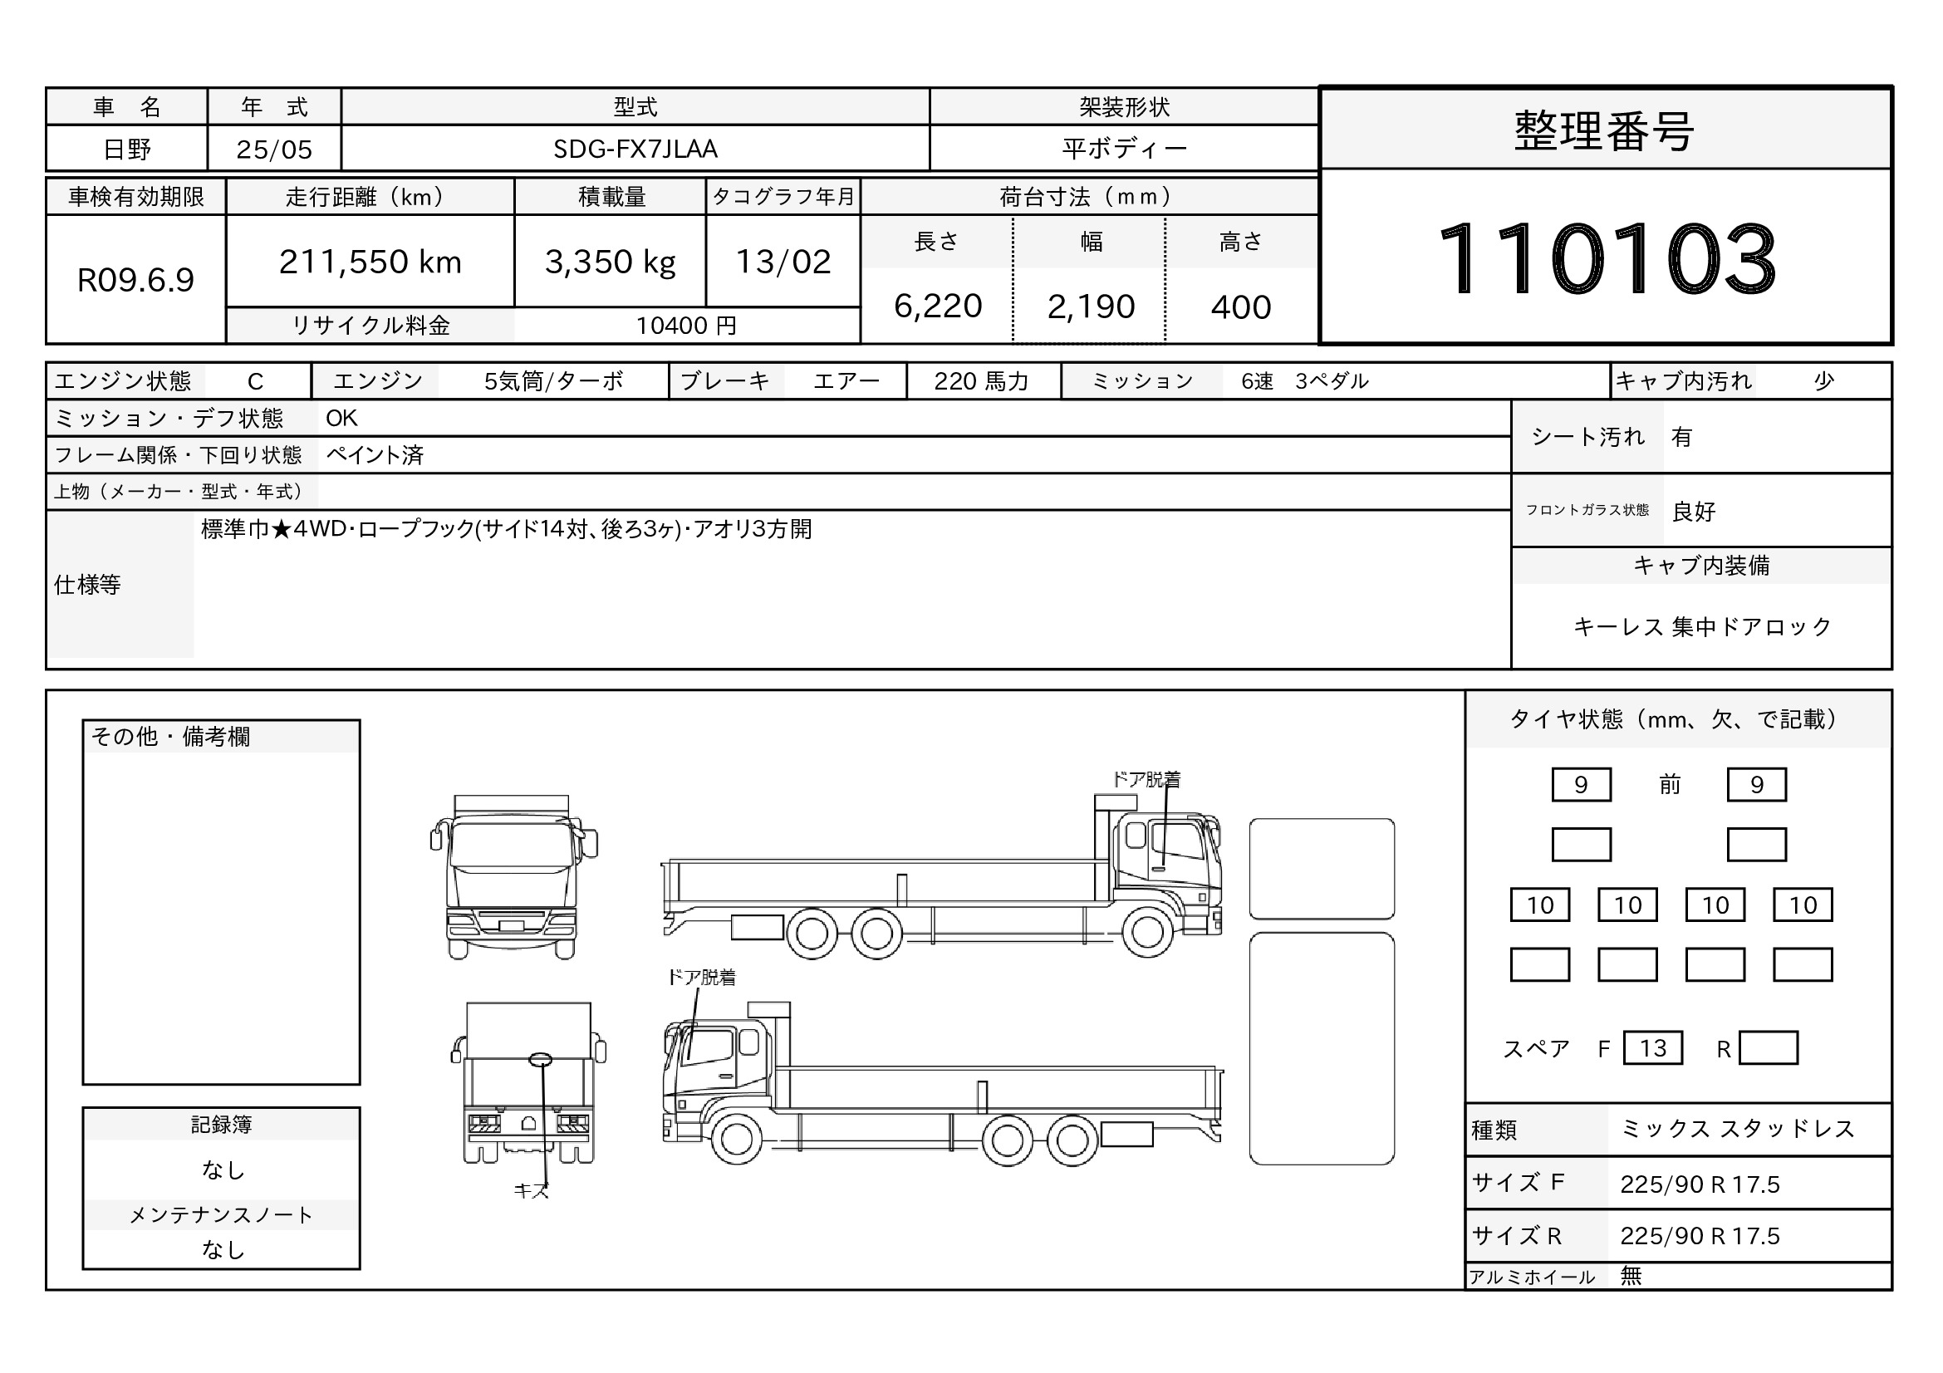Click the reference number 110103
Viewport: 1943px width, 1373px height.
click(1607, 257)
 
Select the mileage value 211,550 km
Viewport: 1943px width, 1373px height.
click(370, 262)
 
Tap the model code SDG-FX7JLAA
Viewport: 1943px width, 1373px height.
click(635, 149)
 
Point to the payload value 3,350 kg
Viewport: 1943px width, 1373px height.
click(611, 263)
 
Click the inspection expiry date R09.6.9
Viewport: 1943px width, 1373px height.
click(135, 280)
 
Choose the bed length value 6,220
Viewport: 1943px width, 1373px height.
click(938, 306)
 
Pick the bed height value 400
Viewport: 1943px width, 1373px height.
click(1240, 307)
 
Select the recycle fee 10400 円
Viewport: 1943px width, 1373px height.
click(686, 326)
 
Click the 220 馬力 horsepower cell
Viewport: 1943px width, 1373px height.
click(982, 381)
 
